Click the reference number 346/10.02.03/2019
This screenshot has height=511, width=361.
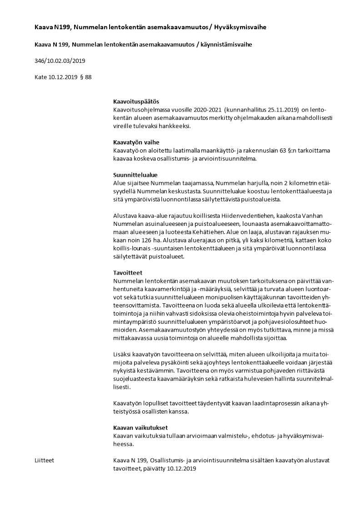click(x=60, y=61)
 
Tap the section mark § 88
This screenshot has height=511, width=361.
click(x=85, y=77)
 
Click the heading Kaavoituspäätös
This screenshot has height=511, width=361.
click(x=136, y=101)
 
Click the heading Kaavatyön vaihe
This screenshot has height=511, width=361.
click(x=136, y=142)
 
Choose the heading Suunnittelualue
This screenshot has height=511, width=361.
click(x=135, y=175)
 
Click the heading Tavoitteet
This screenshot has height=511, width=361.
click(x=128, y=272)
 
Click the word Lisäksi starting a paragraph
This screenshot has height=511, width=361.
click(x=122, y=354)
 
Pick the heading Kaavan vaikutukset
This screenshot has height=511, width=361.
click(x=140, y=427)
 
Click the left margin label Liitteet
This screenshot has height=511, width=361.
click(x=44, y=460)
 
